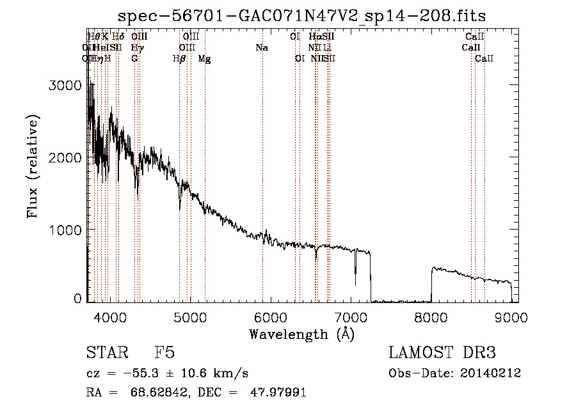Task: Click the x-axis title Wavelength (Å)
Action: (301, 333)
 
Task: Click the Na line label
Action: (261, 47)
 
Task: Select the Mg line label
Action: (204, 58)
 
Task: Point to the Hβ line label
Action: (179, 58)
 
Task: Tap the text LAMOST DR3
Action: (442, 353)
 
